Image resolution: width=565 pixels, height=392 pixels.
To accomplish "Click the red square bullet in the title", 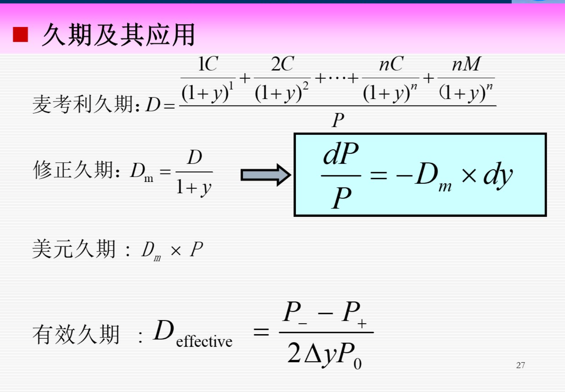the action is point(20,35).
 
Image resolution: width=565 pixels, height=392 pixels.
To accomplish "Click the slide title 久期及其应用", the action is point(118,35).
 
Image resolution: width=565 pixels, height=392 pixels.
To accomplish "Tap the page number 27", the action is point(520,365).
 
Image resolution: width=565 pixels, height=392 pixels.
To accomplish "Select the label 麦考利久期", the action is point(82,104).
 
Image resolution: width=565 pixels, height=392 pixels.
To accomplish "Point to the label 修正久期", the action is point(73,170).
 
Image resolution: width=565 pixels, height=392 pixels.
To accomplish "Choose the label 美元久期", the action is point(74,249).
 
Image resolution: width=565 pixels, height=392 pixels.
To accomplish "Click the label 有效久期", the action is point(76,334).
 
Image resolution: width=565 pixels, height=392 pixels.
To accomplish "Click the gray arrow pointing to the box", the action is point(265,175).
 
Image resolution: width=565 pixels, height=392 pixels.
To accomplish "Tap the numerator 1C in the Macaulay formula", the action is point(208,64).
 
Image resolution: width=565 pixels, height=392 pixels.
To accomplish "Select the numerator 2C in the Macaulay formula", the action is point(282,64).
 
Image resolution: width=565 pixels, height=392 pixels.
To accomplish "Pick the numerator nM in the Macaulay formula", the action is point(466,64).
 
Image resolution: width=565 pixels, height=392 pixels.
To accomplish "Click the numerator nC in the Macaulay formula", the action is point(391,64).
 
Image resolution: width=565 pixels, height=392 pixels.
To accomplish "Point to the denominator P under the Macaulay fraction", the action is point(338,120).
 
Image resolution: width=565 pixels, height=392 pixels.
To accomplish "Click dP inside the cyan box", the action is point(341,154).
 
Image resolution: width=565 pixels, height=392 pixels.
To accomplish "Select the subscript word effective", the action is point(204,341).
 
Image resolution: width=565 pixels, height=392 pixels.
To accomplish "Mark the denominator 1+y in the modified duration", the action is point(194,188).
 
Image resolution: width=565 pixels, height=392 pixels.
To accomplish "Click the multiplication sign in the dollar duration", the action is point(175,250).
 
